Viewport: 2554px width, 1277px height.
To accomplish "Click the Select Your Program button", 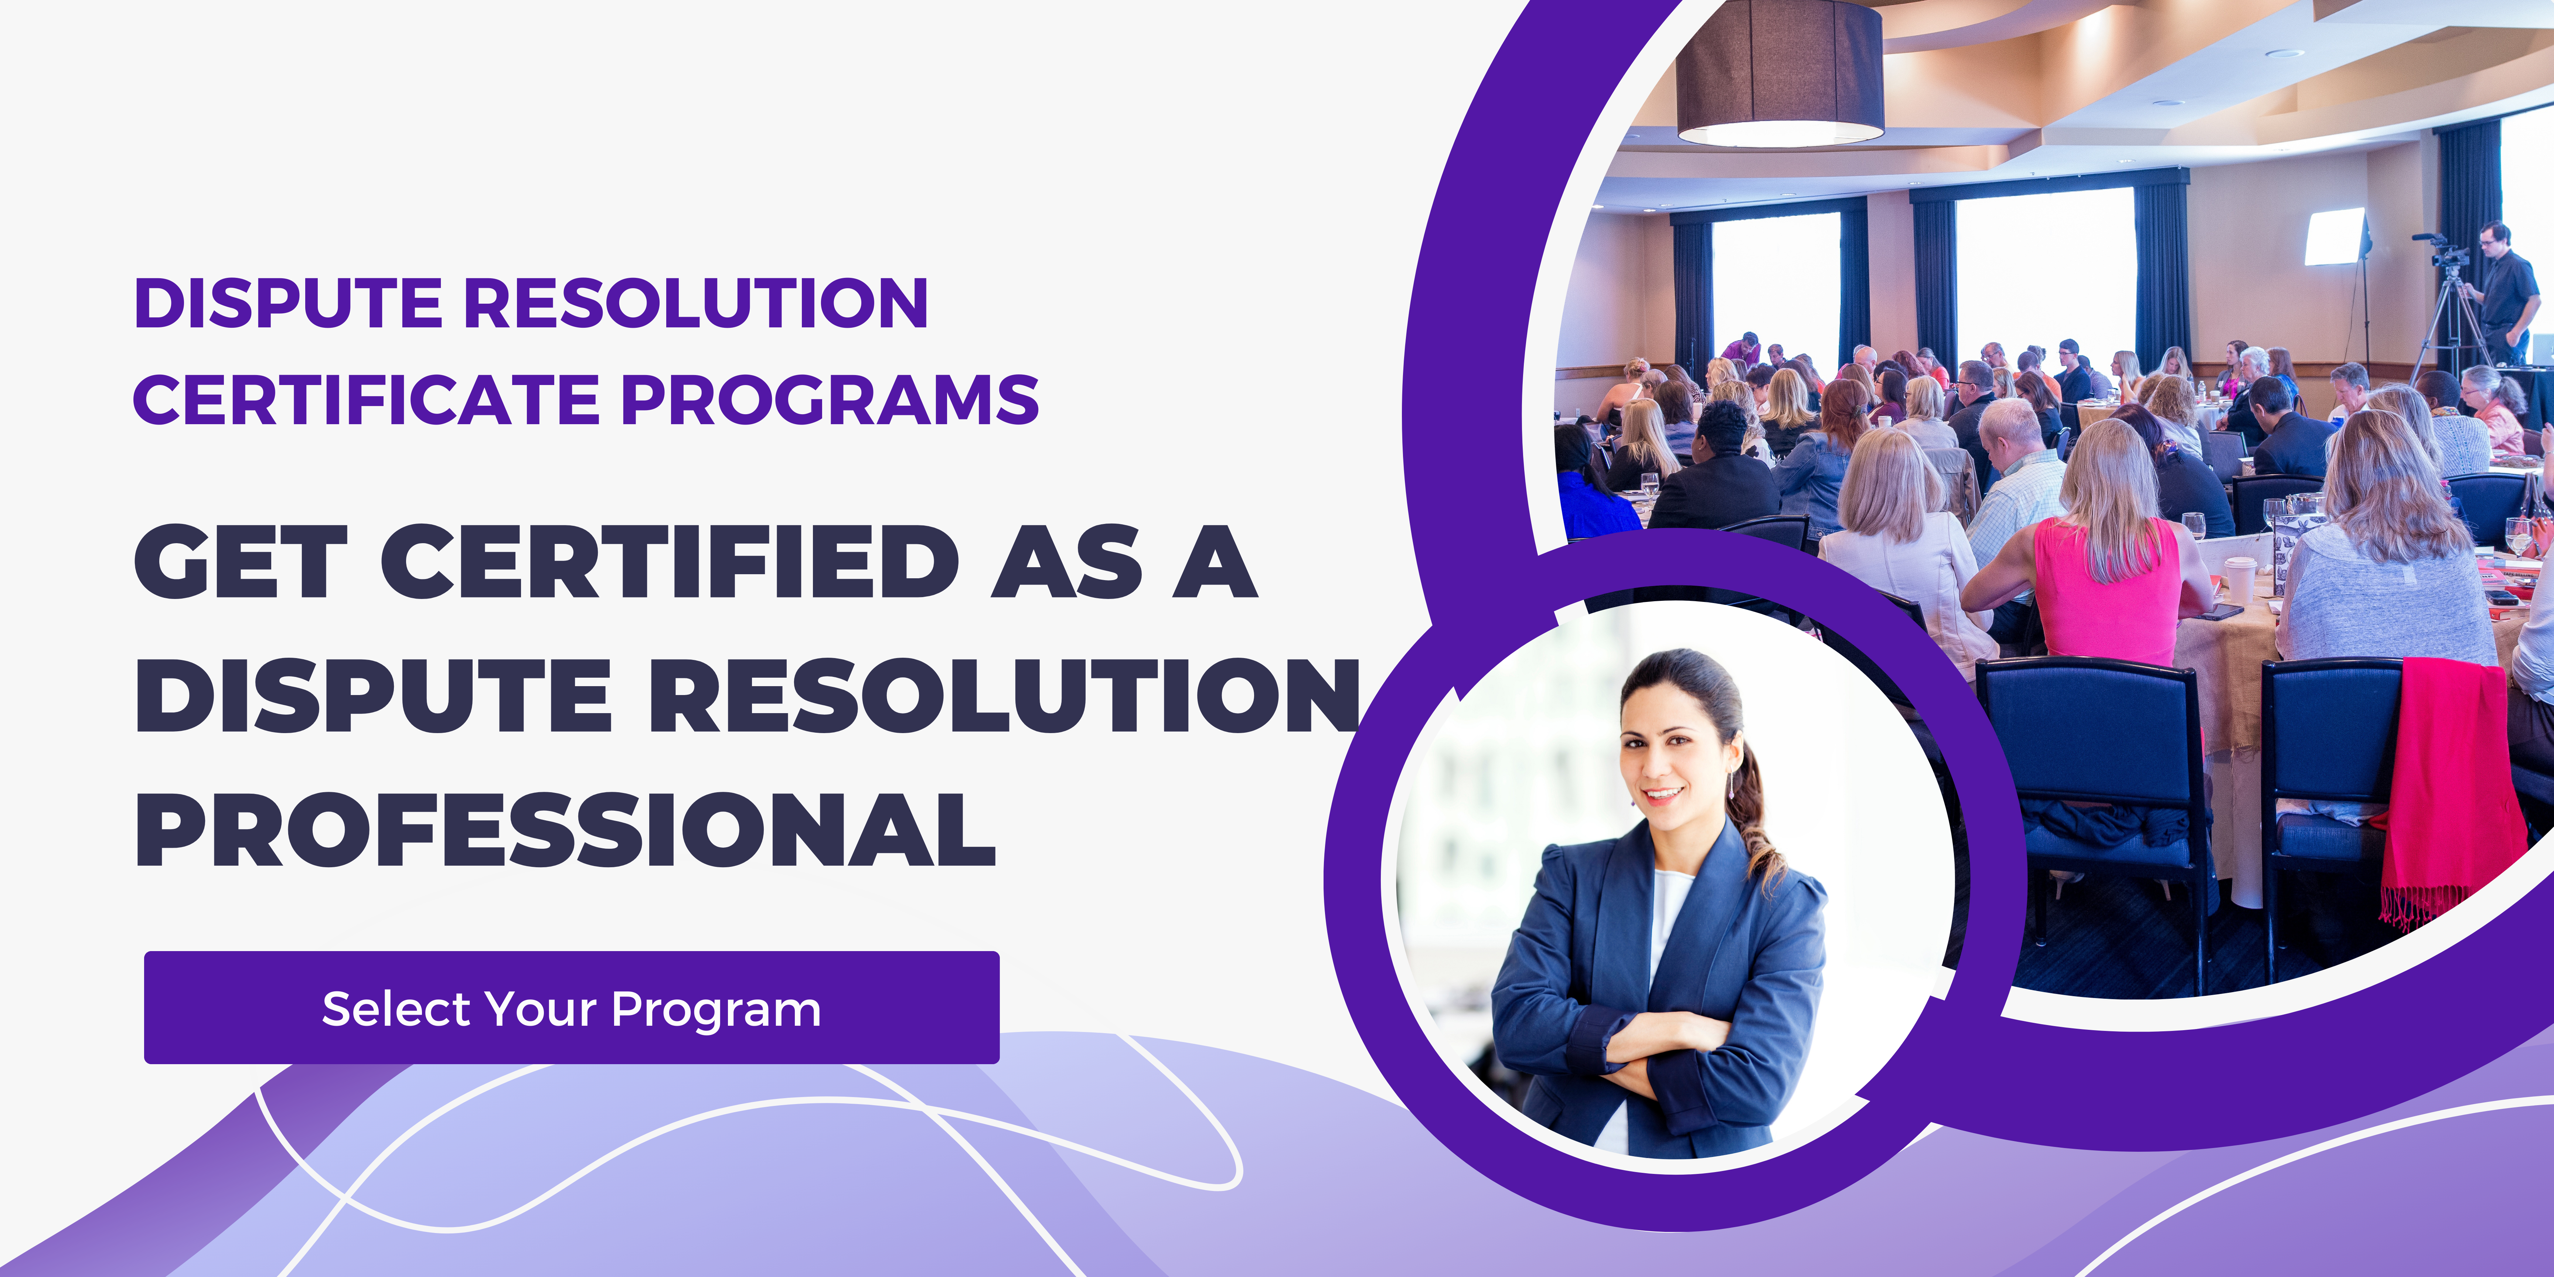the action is click(571, 1007).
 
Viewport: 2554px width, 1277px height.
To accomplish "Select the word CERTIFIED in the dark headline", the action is click(670, 561).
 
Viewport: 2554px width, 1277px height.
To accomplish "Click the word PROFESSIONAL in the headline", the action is click(565, 829).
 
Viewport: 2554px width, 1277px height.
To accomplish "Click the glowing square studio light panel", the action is click(2336, 236).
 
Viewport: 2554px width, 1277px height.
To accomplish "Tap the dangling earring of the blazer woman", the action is click(1731, 785).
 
